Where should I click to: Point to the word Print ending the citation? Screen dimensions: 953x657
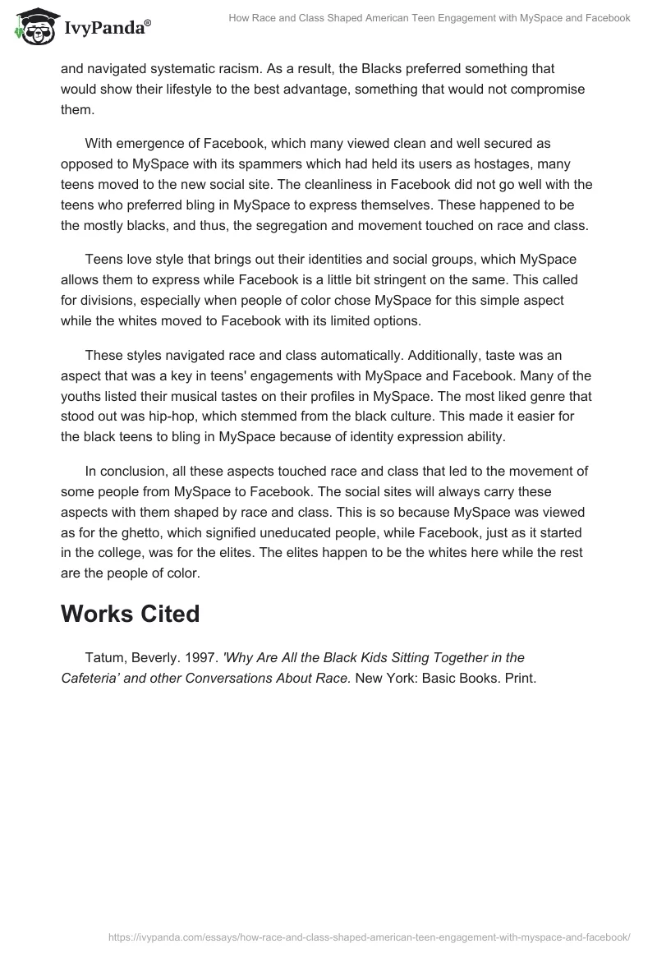coord(518,679)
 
